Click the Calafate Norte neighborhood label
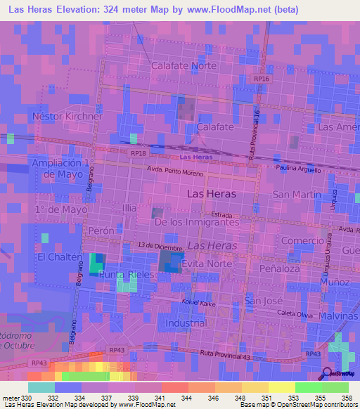pyautogui.click(x=184, y=65)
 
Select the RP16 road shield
pyautogui.click(x=262, y=79)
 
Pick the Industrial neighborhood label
pyautogui.click(x=187, y=323)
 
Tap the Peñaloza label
pyautogui.click(x=278, y=269)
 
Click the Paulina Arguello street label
pyautogui.click(x=298, y=170)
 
